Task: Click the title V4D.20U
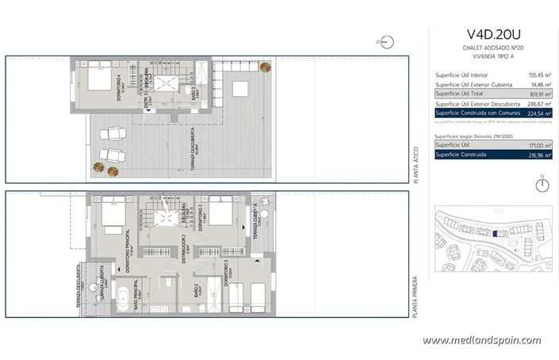tap(495, 36)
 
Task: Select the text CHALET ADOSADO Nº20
tap(495, 48)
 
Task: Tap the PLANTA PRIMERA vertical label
tap(415, 297)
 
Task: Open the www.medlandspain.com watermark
tap(481, 340)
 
